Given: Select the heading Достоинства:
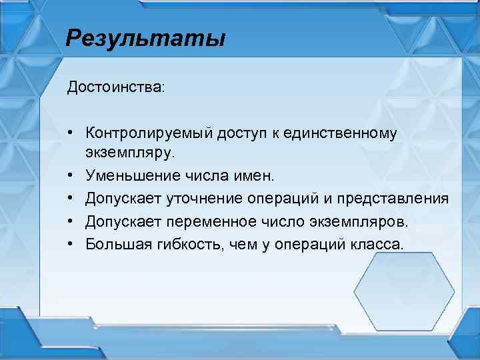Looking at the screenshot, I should point(114,88).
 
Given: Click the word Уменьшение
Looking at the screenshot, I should point(126,175).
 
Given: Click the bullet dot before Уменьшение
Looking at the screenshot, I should point(70,176).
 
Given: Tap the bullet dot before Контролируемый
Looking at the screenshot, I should point(70,133).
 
